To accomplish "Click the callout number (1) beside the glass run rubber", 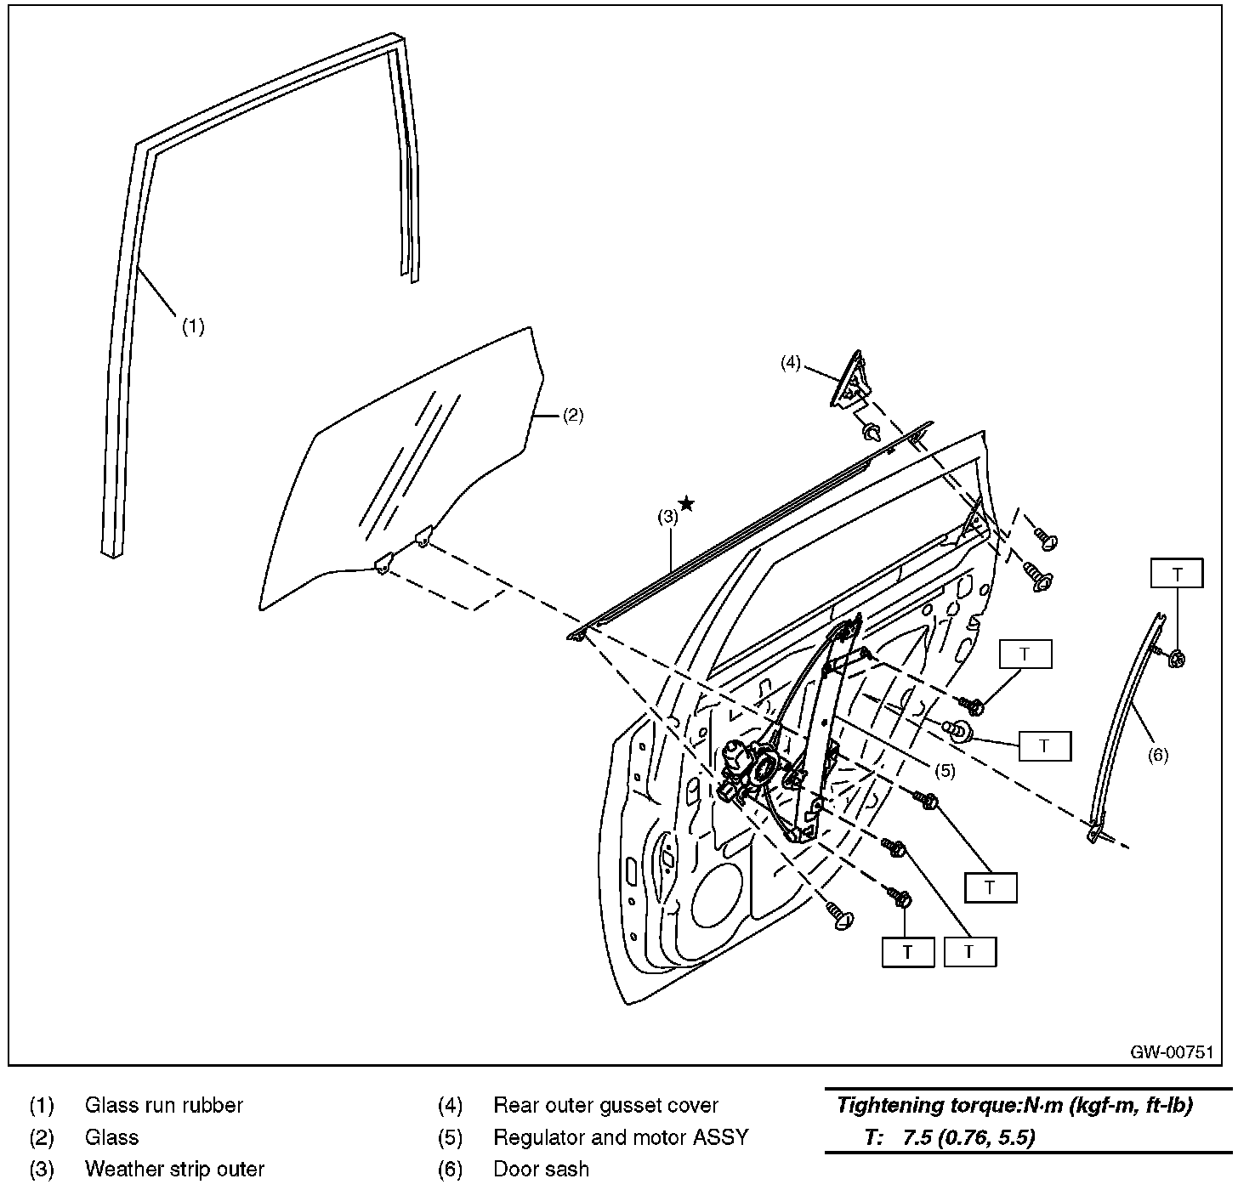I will point(194,326).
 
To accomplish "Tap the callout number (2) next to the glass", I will point(573,416).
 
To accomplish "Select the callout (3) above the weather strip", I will point(667,515).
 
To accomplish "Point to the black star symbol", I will point(687,504).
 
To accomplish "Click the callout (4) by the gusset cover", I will point(791,363).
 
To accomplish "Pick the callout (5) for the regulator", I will point(946,771).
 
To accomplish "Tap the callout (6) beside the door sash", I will point(1158,755).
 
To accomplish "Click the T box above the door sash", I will point(1177,575).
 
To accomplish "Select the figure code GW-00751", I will point(1171,1051).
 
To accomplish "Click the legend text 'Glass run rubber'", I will point(164,1106).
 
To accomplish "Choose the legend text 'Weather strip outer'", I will point(174,1170).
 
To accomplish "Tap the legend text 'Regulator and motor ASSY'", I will point(621,1137).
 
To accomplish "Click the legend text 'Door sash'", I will point(541,1170).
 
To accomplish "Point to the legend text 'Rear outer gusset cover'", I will point(605,1106).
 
